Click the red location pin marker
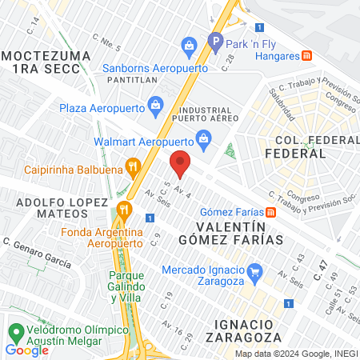(180, 162)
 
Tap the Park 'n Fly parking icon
(214, 40)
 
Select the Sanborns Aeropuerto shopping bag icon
(190, 46)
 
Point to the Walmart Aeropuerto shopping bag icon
(203, 138)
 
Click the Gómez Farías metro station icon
(272, 212)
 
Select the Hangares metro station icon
(306, 55)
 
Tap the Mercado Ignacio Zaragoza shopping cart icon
(255, 270)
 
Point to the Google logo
(26, 350)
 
